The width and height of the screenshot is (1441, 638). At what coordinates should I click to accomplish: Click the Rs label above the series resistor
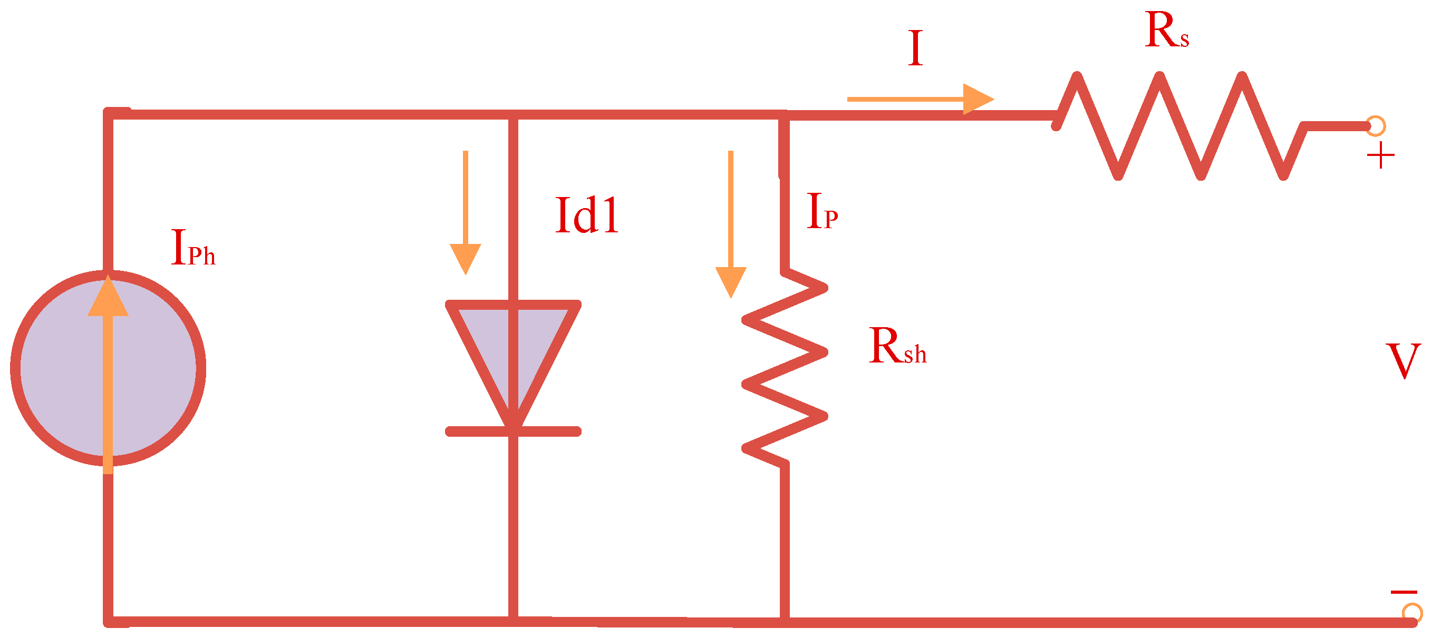coord(1166,31)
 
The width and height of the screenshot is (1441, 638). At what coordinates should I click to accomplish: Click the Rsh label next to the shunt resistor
coord(897,347)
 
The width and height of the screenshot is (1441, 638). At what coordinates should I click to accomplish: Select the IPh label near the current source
coord(192,248)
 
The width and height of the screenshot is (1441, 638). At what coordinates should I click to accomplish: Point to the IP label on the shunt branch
coord(821,211)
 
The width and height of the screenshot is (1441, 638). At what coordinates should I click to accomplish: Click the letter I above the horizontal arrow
coord(915,48)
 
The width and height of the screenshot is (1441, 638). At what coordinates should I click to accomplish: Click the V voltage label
coord(1403,361)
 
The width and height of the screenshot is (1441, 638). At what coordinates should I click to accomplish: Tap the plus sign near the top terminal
coord(1380,155)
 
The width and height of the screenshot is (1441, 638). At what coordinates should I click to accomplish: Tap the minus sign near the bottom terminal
coord(1403,592)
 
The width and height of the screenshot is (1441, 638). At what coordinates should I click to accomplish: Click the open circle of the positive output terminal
coord(1376,126)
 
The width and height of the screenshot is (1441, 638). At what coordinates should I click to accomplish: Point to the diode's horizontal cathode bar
coord(513,431)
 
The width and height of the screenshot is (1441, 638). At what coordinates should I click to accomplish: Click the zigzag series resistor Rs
coord(1181,126)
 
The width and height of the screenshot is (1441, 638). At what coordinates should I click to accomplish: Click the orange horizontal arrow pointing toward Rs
coord(920,100)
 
